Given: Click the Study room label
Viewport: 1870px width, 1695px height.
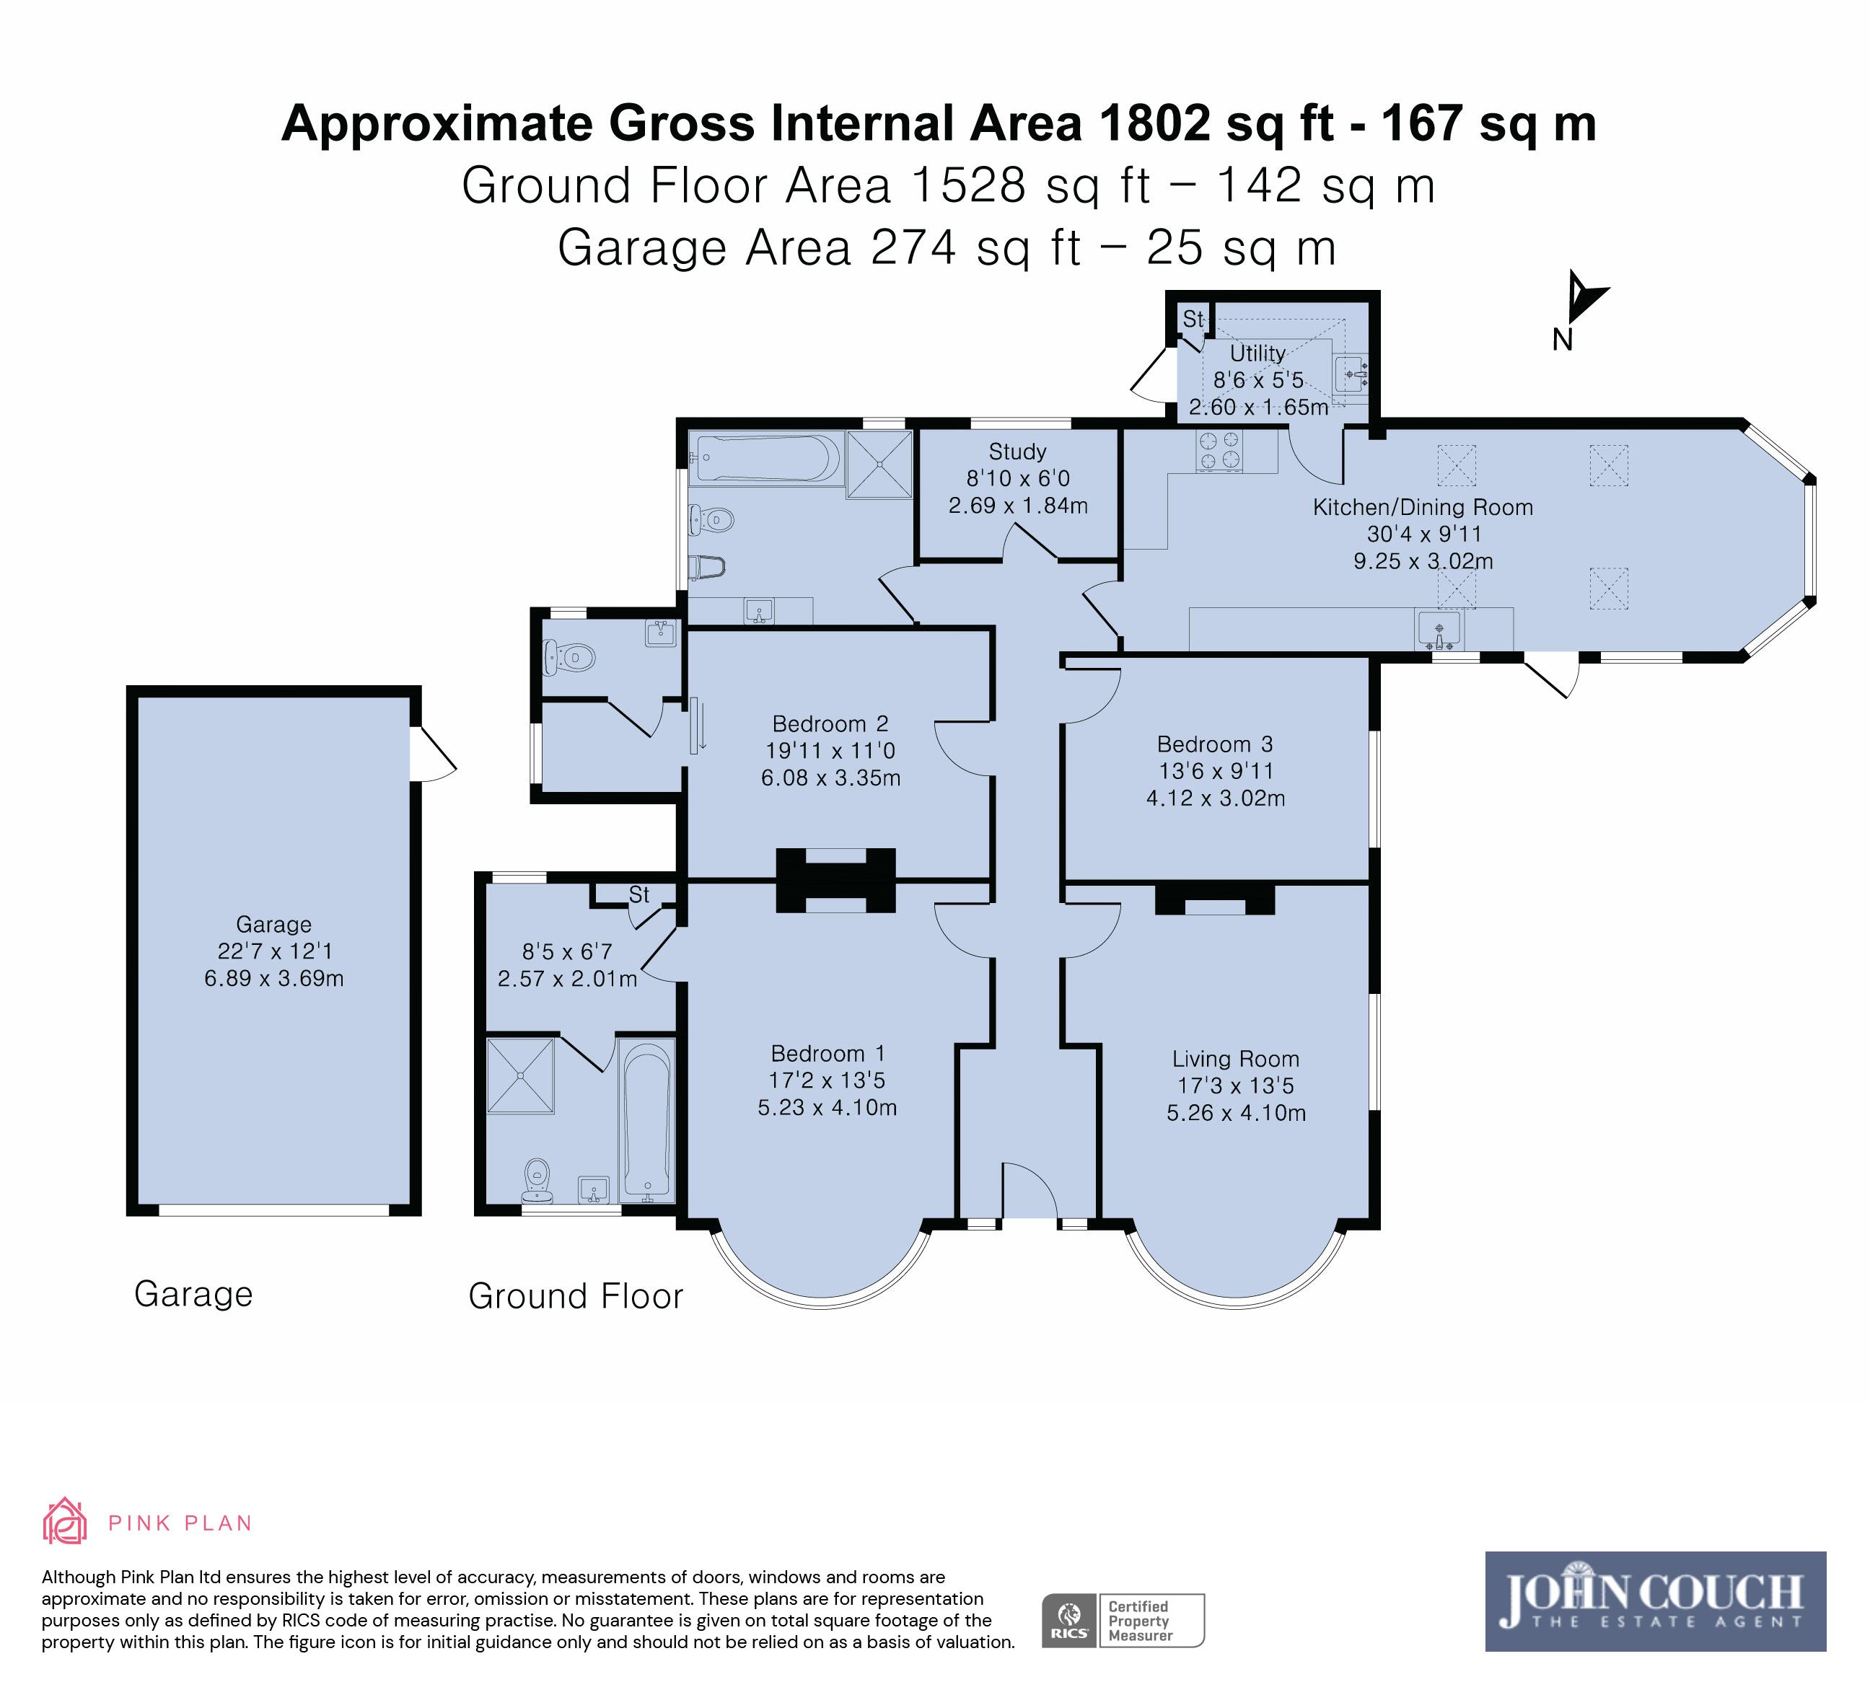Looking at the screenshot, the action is (1017, 452).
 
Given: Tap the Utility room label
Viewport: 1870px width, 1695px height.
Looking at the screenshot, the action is (1257, 353).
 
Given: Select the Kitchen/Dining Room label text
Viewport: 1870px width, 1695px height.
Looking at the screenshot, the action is (1423, 507).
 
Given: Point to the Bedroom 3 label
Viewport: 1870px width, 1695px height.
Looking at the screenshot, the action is (1215, 744).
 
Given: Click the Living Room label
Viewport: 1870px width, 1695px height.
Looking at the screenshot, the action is (1236, 1059).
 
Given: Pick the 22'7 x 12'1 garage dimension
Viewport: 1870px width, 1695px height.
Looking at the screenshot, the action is (275, 951).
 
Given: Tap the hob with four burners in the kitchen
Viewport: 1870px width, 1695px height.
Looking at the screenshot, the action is (1219, 451).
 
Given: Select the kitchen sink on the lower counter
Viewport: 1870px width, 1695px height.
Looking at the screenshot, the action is (1439, 629).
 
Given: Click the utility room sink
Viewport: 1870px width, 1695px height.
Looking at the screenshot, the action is (1351, 374).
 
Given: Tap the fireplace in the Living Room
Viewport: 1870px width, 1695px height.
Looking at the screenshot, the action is (1215, 899).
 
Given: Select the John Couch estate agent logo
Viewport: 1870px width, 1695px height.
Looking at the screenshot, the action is (1656, 1601).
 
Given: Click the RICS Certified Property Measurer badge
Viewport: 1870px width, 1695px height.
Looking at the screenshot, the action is (1123, 1620).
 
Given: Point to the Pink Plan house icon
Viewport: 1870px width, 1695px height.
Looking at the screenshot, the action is (65, 1522).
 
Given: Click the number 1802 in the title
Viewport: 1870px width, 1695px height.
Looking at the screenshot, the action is (1155, 123).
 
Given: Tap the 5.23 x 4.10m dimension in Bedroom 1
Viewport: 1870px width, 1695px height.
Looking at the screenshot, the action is (828, 1107).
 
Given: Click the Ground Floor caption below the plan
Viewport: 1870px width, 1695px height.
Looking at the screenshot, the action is (576, 1295).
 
